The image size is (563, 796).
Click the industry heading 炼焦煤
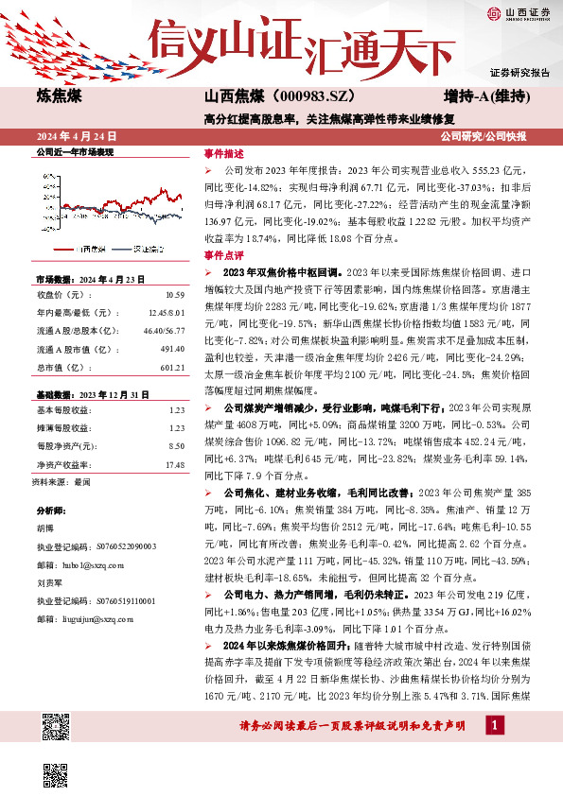coord(59,96)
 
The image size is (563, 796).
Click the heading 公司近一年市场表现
coord(74,151)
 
